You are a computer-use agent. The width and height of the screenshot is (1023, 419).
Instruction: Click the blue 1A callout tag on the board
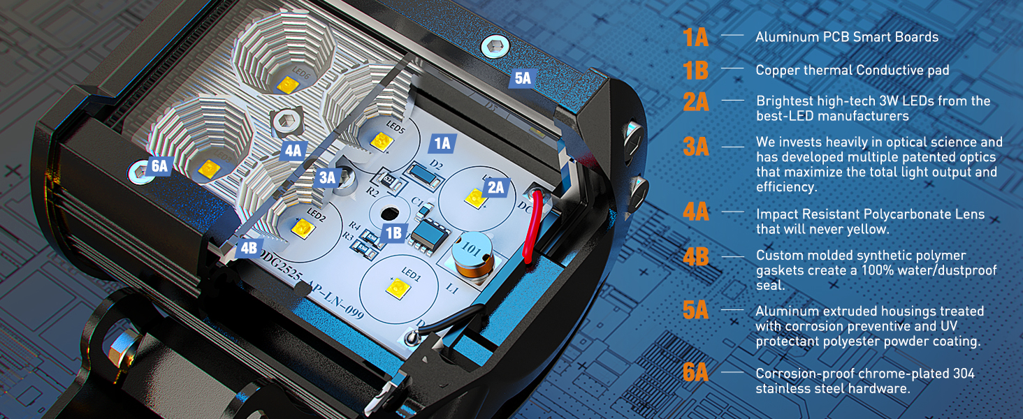443,144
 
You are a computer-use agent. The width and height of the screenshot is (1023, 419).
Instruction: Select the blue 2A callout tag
495,187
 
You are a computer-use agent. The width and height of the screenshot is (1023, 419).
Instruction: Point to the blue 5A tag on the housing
523,78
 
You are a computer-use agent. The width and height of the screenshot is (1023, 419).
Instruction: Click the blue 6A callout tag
160,166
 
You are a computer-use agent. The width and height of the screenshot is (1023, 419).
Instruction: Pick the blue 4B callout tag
249,247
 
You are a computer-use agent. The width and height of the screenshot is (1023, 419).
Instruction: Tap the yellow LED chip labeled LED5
382,142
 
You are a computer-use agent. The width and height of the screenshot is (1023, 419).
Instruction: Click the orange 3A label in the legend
696,147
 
